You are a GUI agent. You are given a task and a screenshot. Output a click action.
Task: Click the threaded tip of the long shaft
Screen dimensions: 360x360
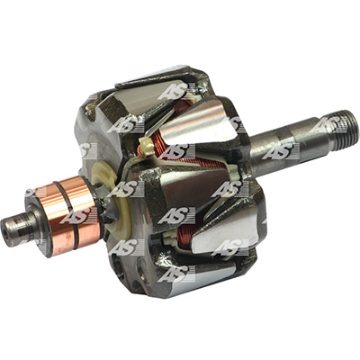(x=345, y=131)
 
